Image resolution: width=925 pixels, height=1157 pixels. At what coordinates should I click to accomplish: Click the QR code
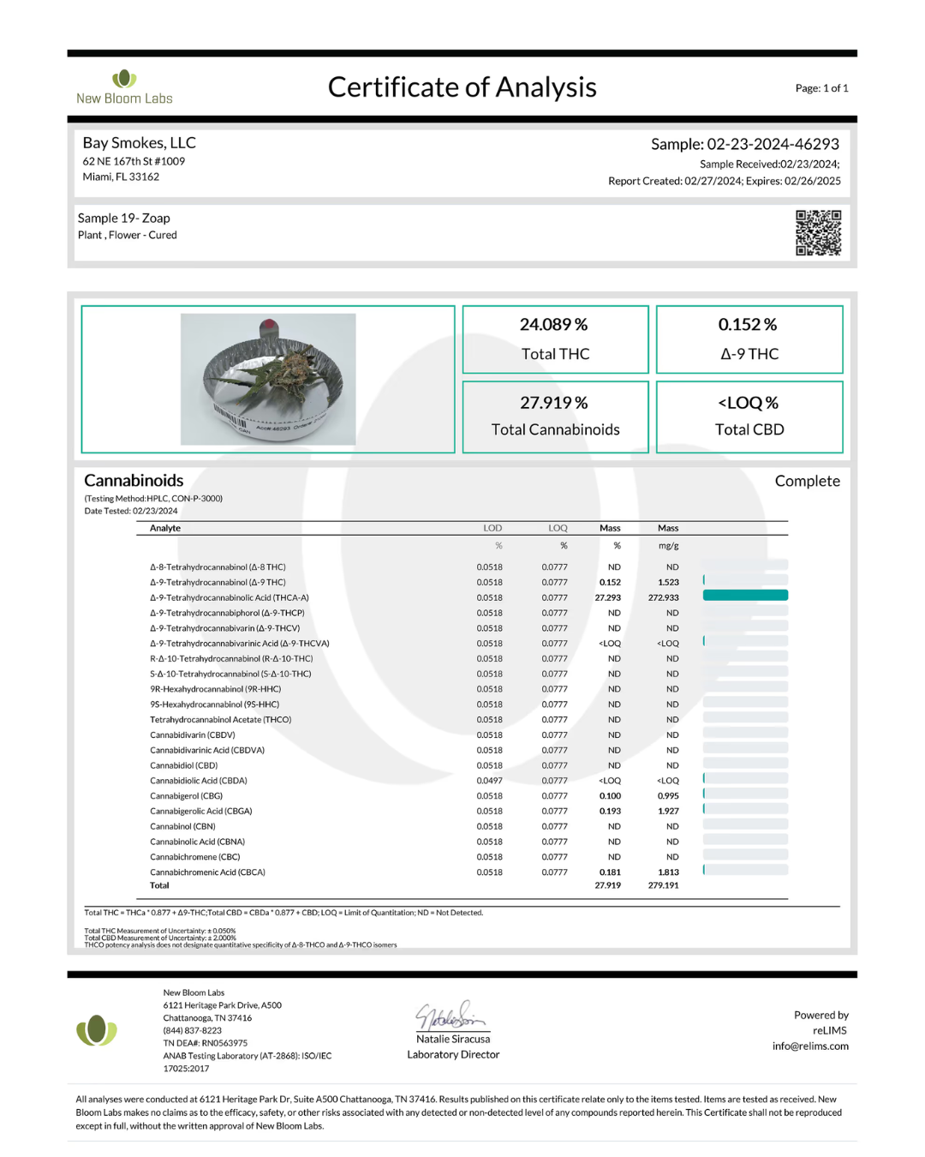pyautogui.click(x=818, y=232)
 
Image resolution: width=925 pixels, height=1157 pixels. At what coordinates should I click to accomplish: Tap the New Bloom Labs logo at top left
pyautogui.click(x=124, y=87)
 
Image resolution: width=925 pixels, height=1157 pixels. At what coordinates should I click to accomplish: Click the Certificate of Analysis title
pyautogui.click(x=462, y=87)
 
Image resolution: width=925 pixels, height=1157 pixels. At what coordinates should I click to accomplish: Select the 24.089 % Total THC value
pyautogui.click(x=553, y=325)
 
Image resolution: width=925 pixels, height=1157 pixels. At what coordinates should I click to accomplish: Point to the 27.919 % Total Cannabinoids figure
pyautogui.click(x=553, y=403)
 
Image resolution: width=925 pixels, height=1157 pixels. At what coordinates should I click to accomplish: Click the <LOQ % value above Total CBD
pyautogui.click(x=748, y=403)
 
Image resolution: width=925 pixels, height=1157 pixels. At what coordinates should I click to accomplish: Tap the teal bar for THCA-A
pyautogui.click(x=745, y=596)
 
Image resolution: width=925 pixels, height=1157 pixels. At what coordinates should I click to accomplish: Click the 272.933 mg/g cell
pyautogui.click(x=663, y=598)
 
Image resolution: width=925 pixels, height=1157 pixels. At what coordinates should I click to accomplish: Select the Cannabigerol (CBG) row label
pyautogui.click(x=186, y=796)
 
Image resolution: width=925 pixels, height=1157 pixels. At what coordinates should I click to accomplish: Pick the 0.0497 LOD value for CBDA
pyautogui.click(x=489, y=781)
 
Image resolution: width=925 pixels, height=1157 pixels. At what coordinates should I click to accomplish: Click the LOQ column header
pyautogui.click(x=558, y=529)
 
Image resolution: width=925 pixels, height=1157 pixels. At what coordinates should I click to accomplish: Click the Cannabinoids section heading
pyautogui.click(x=134, y=481)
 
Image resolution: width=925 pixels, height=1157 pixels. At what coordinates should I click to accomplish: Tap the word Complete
pyautogui.click(x=807, y=482)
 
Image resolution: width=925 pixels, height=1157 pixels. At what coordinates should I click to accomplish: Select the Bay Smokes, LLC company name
pyautogui.click(x=139, y=143)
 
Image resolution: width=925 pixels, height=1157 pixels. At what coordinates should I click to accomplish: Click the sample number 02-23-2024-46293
pyautogui.click(x=772, y=144)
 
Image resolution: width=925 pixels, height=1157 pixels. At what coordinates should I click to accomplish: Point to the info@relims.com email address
pyautogui.click(x=810, y=1046)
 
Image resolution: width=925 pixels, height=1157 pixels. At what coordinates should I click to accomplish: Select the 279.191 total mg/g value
pyautogui.click(x=663, y=886)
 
